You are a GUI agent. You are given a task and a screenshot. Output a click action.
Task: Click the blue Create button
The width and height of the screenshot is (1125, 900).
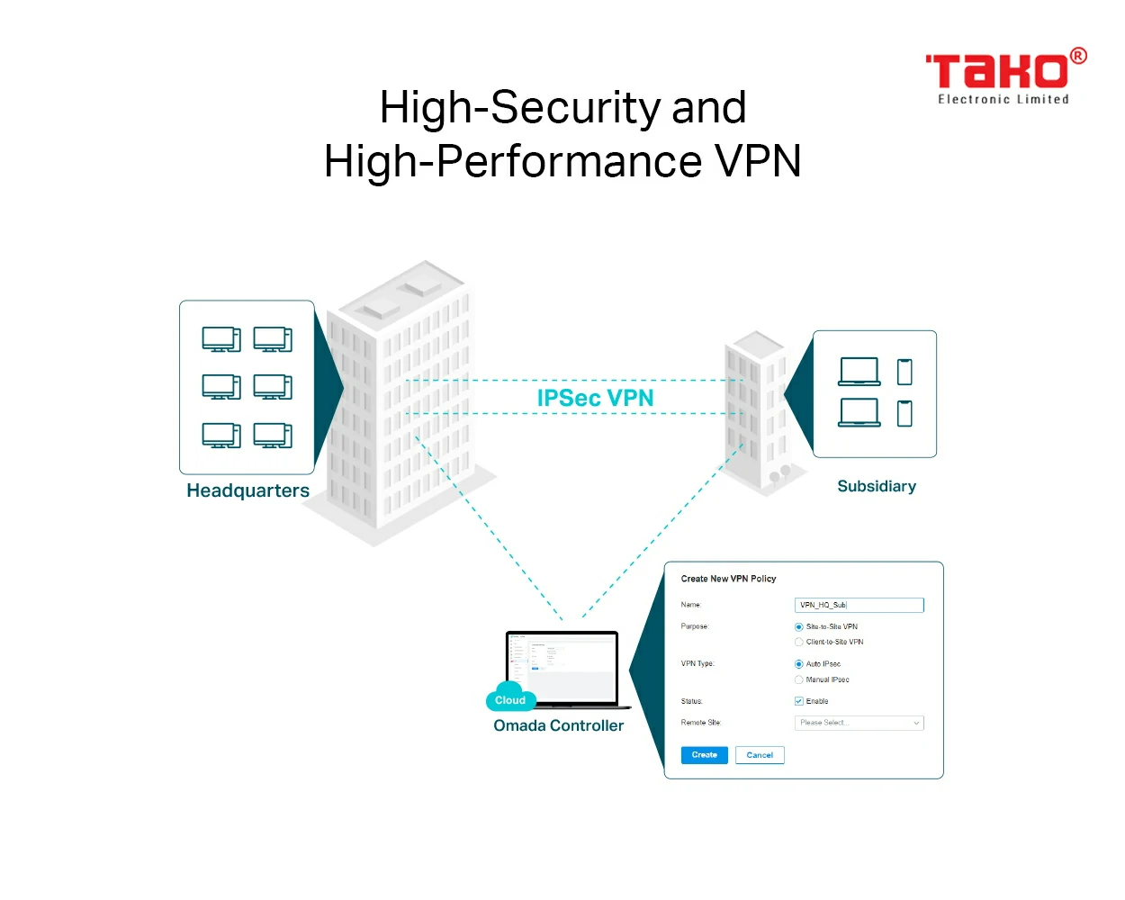point(704,755)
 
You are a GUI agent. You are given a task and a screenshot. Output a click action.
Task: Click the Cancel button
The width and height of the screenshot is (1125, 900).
point(760,755)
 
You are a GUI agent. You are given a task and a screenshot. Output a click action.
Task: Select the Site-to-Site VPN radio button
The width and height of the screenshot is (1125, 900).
point(798,627)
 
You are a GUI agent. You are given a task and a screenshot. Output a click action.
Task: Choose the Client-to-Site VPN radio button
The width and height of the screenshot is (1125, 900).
point(798,643)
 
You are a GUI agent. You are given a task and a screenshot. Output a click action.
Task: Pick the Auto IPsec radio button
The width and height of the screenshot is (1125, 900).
point(798,664)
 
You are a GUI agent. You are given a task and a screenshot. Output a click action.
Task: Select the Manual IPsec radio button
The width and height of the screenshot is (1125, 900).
point(798,680)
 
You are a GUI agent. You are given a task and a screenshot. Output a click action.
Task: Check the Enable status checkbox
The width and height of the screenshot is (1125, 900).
point(798,701)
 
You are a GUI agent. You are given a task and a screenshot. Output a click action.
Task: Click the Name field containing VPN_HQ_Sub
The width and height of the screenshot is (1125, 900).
point(859,605)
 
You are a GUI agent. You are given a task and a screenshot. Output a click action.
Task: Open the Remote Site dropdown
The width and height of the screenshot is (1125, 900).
point(859,723)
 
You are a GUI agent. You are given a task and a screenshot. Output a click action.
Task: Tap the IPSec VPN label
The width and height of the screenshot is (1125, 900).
point(595,398)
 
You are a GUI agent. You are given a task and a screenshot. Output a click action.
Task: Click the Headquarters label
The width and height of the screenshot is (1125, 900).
point(247,490)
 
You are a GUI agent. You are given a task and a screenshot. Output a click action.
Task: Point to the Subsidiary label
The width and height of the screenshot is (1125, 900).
point(877,486)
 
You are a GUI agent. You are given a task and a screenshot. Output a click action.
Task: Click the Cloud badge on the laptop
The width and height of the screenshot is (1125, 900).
point(510,699)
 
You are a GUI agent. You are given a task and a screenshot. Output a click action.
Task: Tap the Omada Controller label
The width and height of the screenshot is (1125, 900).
point(558,725)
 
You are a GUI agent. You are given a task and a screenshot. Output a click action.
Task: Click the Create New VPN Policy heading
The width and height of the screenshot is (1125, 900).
point(728,579)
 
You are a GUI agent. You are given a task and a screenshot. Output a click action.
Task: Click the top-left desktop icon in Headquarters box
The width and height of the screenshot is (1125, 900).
point(221,339)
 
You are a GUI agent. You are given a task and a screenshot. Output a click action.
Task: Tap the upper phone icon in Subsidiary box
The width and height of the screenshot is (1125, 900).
point(904,372)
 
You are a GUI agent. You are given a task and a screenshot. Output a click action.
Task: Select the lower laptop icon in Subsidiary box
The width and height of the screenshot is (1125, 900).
point(859,412)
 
